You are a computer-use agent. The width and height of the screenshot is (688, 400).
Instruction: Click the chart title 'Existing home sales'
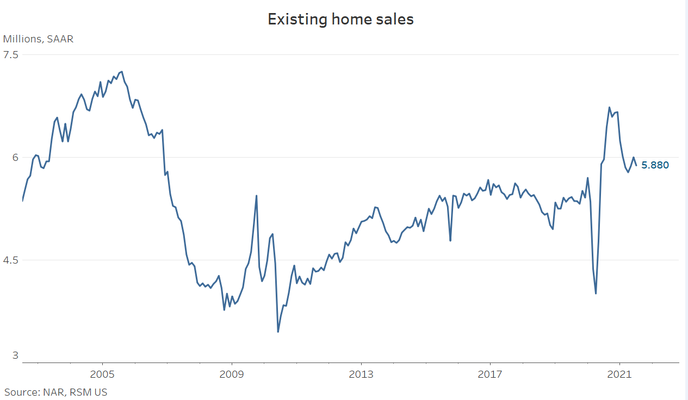pos(340,20)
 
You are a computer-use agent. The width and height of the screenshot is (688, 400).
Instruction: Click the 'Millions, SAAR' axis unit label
pos(38,39)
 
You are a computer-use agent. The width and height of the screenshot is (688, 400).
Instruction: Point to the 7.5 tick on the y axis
pos(11,54)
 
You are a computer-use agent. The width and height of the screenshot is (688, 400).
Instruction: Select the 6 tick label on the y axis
pos(16,157)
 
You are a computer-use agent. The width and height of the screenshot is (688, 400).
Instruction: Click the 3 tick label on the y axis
pos(16,355)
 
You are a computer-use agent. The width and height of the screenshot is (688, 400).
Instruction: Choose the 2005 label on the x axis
pos(102,374)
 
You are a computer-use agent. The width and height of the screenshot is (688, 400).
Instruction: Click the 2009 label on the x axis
pos(232,374)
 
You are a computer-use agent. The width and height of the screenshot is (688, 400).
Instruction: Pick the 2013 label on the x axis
pos(361,374)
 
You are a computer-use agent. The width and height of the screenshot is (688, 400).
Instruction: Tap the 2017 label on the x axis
pos(490,374)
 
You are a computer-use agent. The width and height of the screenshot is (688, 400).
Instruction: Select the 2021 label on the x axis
pos(619,374)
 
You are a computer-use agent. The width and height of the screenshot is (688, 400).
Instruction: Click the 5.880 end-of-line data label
pos(655,165)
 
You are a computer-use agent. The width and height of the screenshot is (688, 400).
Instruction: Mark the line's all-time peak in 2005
pos(122,72)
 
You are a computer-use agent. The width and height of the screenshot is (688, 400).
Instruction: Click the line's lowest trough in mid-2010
pos(278,332)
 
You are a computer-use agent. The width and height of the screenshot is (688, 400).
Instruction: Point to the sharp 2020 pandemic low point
pos(596,293)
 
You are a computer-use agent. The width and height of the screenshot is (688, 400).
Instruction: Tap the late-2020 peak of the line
pos(609,107)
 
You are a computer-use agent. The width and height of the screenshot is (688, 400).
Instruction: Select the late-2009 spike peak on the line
pos(256,196)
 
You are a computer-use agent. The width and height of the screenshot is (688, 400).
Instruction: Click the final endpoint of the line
pos(636,165)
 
